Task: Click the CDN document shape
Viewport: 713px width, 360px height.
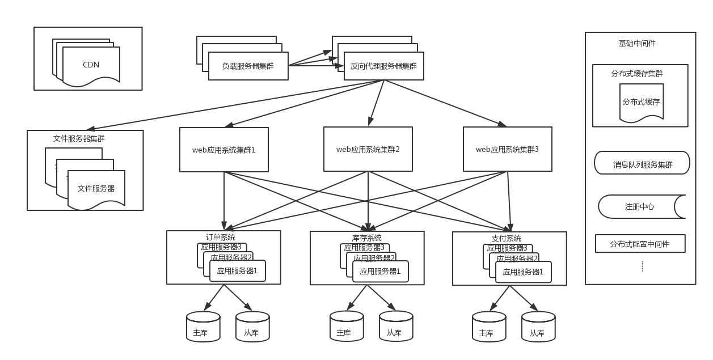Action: (x=91, y=65)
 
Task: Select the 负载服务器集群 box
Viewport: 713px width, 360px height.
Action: (x=248, y=66)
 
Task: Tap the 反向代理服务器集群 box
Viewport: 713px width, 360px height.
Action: (x=383, y=66)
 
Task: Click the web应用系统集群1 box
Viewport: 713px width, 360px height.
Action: (x=224, y=150)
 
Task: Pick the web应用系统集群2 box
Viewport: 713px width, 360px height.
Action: (x=368, y=150)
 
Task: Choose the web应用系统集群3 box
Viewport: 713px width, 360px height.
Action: (x=507, y=150)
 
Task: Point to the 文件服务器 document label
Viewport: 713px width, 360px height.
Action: (x=96, y=188)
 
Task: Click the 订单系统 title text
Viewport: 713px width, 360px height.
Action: (x=220, y=238)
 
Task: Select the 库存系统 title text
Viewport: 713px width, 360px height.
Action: (x=363, y=238)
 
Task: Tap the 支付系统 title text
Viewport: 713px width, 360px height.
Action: (x=506, y=239)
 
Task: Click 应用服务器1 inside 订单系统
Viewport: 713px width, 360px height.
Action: (x=237, y=271)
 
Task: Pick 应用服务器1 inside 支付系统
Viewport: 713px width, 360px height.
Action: (x=523, y=272)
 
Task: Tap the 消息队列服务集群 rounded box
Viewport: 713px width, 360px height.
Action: (x=642, y=165)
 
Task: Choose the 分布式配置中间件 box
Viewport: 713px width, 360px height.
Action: (x=640, y=244)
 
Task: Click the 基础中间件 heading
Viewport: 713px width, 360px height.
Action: (x=637, y=44)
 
